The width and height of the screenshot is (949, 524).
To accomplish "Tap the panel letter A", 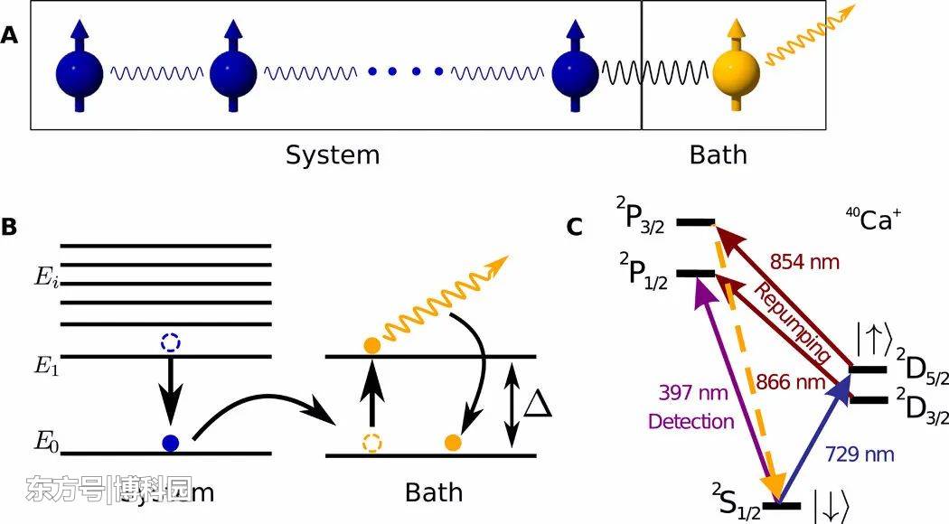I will [10, 36].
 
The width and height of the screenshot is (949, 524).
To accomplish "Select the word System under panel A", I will [333, 155].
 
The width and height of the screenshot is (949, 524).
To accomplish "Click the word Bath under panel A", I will [719, 155].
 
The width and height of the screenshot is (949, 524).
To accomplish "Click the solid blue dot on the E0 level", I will [169, 443].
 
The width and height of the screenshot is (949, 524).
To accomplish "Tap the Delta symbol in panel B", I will [539, 404].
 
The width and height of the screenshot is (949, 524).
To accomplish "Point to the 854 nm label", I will [804, 263].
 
